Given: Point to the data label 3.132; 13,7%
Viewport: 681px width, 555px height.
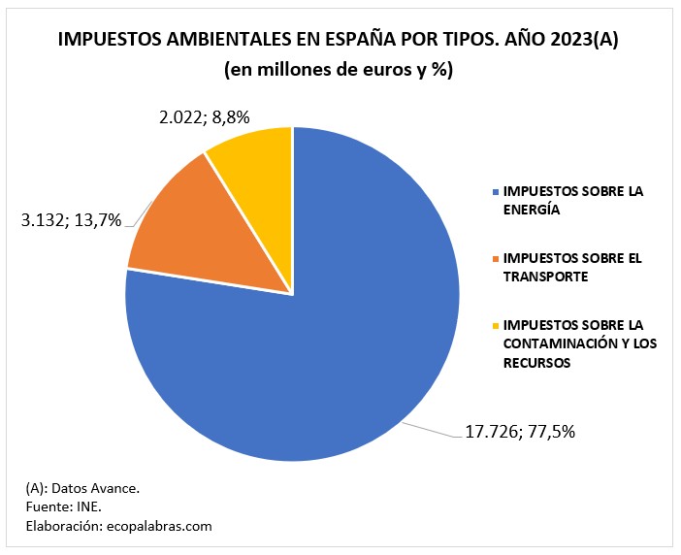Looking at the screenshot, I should coord(71,219).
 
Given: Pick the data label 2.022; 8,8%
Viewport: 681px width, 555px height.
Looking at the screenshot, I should coord(205,117).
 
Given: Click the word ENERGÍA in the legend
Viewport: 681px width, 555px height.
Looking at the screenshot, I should coord(532,209).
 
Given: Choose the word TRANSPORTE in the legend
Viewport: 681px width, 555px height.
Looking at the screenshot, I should coord(545,276).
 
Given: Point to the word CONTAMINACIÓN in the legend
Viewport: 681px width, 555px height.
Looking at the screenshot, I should coord(554,343).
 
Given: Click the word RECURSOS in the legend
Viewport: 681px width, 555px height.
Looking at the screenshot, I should coord(535,362).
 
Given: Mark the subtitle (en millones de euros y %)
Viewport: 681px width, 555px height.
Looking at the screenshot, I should coord(340,70).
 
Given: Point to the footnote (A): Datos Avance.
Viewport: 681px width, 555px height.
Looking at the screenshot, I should coord(82,488).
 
